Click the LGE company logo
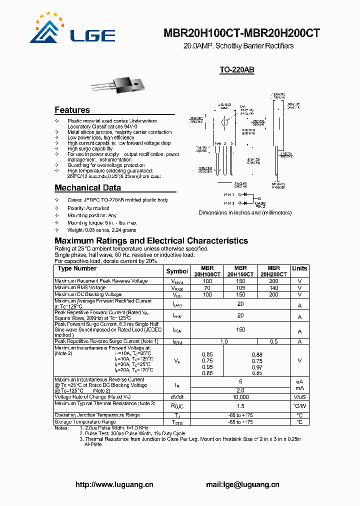pyautogui.click(x=72, y=29)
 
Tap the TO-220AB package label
pyautogui.click(x=237, y=70)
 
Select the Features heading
pyautogui.click(x=72, y=110)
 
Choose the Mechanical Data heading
pyautogui.click(x=87, y=188)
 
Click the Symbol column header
pyautogui.click(x=177, y=271)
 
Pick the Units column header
pyautogui.click(x=299, y=268)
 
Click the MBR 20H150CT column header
pyautogui.click(x=240, y=271)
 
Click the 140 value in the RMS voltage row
pyautogui.click(x=273, y=288)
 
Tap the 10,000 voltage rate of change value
pyautogui.click(x=240, y=396)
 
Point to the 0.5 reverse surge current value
pyautogui.click(x=273, y=341)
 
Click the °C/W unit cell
pyautogui.click(x=299, y=406)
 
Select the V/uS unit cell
pyautogui.click(x=299, y=396)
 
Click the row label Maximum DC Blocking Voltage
pyautogui.click(x=88, y=294)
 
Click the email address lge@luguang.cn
pyautogui.click(x=242, y=484)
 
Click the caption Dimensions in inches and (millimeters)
pyautogui.click(x=245, y=212)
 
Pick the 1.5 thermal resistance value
pyautogui.click(x=240, y=406)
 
